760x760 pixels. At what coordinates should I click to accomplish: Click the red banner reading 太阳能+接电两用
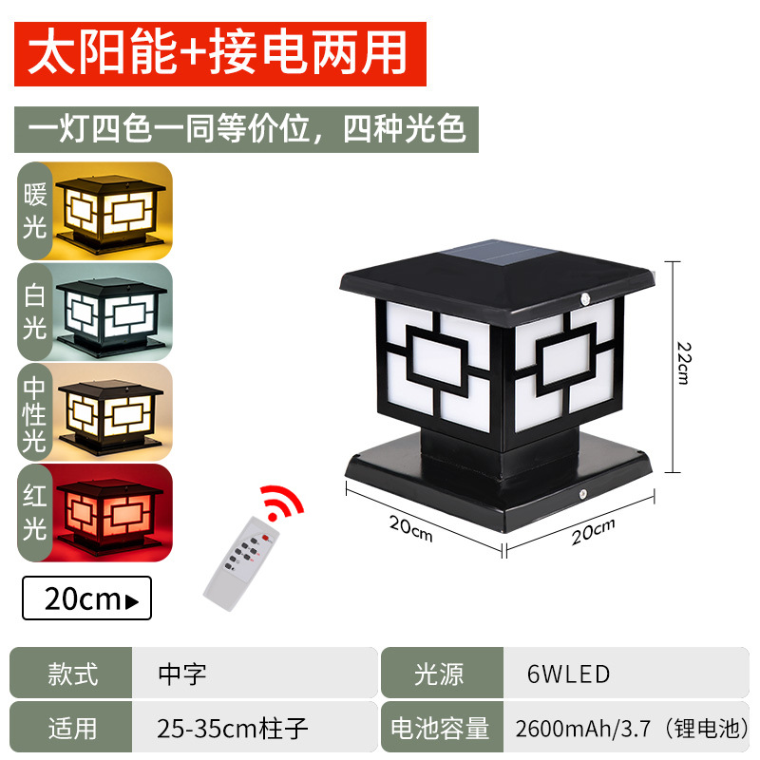click(x=219, y=53)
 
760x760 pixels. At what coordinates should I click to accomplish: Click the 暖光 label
click(x=36, y=210)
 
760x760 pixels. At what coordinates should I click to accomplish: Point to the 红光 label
click(x=36, y=513)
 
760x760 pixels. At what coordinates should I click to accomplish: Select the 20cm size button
click(x=86, y=598)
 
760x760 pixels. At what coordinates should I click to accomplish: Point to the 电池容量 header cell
click(x=438, y=728)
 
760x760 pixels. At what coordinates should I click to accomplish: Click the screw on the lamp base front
click(x=581, y=495)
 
